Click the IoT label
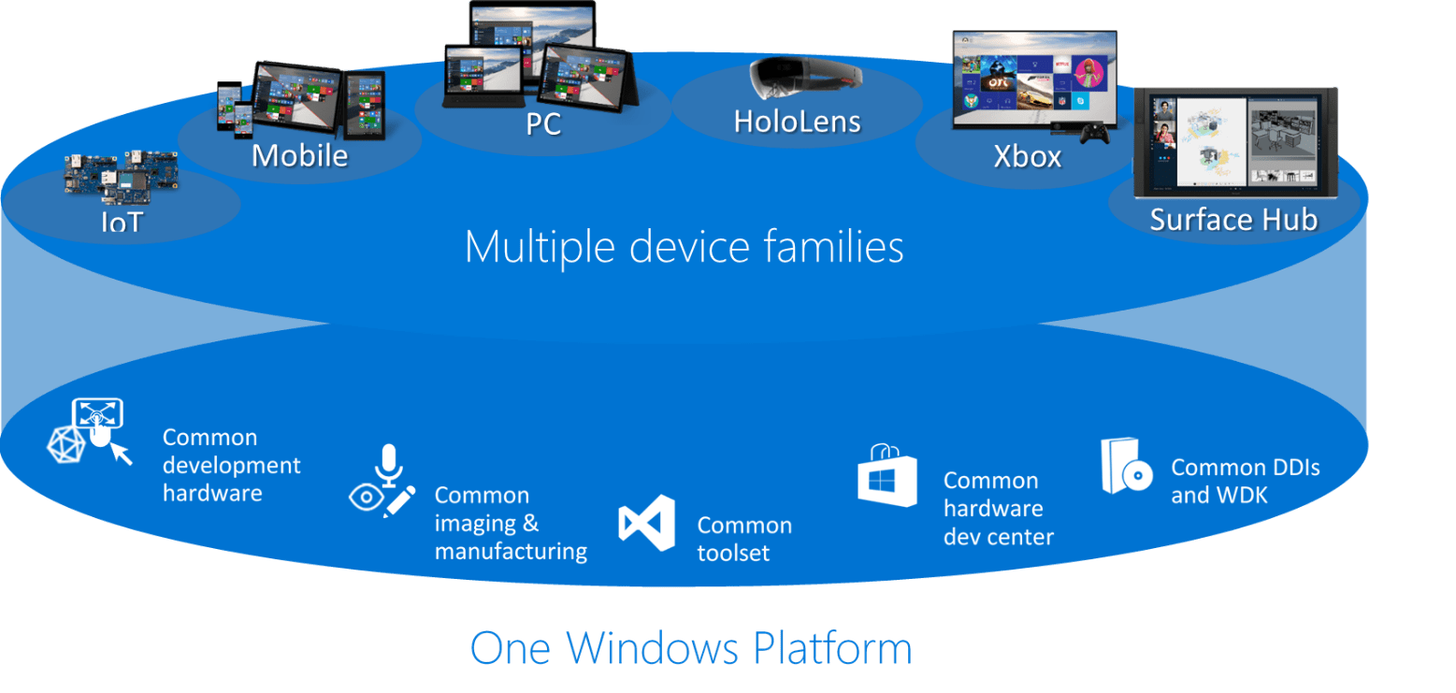[x=122, y=223]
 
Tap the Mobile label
[x=299, y=155]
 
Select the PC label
[x=542, y=124]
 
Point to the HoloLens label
[x=797, y=122]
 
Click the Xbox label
[x=1027, y=156]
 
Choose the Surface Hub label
[x=1233, y=220]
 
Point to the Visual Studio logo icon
[x=646, y=524]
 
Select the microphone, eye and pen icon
[x=382, y=482]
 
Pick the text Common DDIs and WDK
[x=1245, y=481]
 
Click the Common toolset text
[x=744, y=539]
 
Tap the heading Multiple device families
[x=684, y=248]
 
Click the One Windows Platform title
[x=690, y=648]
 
